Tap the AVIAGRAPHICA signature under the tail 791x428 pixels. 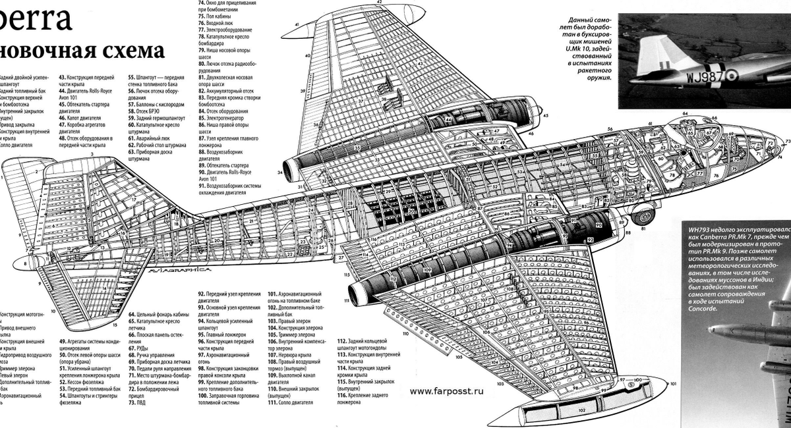pos(177,269)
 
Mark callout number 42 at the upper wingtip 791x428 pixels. pos(380,3)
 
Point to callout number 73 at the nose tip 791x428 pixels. pos(787,142)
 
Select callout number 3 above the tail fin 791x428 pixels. pos(92,153)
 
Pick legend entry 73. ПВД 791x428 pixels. pos(136,403)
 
